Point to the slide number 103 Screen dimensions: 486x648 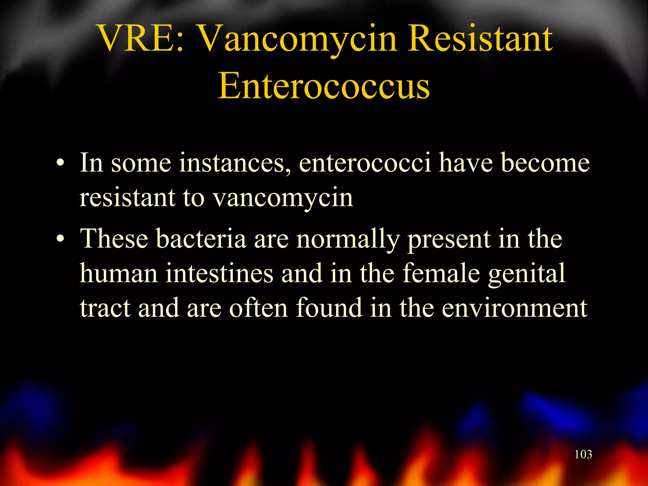583,454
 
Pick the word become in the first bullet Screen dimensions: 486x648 545,163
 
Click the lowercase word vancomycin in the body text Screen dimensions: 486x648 283,199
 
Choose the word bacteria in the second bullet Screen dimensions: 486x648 201,239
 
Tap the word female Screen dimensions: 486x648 441,273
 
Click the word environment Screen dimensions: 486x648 514,308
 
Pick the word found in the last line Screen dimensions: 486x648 329,308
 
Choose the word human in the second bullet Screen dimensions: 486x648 119,273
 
